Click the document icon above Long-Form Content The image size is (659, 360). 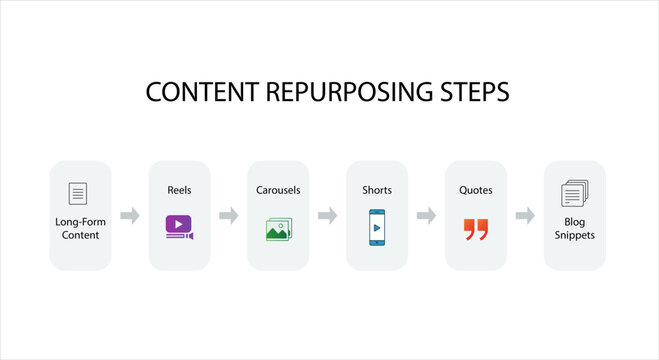tap(79, 193)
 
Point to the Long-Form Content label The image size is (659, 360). tap(80, 228)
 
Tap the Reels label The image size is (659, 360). tap(179, 189)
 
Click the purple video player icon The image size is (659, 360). tap(179, 226)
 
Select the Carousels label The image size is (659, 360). tap(278, 189)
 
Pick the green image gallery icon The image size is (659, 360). tap(278, 228)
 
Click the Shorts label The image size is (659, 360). tap(377, 189)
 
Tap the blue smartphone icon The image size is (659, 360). tap(377, 227)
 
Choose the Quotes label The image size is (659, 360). tap(476, 189)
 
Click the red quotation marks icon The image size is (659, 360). tap(476, 229)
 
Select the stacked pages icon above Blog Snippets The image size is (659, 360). tap(574, 193)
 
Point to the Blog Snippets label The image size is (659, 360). tap(574, 228)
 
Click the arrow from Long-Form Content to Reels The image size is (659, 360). tap(129, 215)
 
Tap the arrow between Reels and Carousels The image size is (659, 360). tap(228, 215)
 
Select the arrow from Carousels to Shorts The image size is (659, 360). tap(327, 215)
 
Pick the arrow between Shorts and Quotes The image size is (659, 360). tap(426, 215)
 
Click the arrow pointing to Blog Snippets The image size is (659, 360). tap(525, 215)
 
